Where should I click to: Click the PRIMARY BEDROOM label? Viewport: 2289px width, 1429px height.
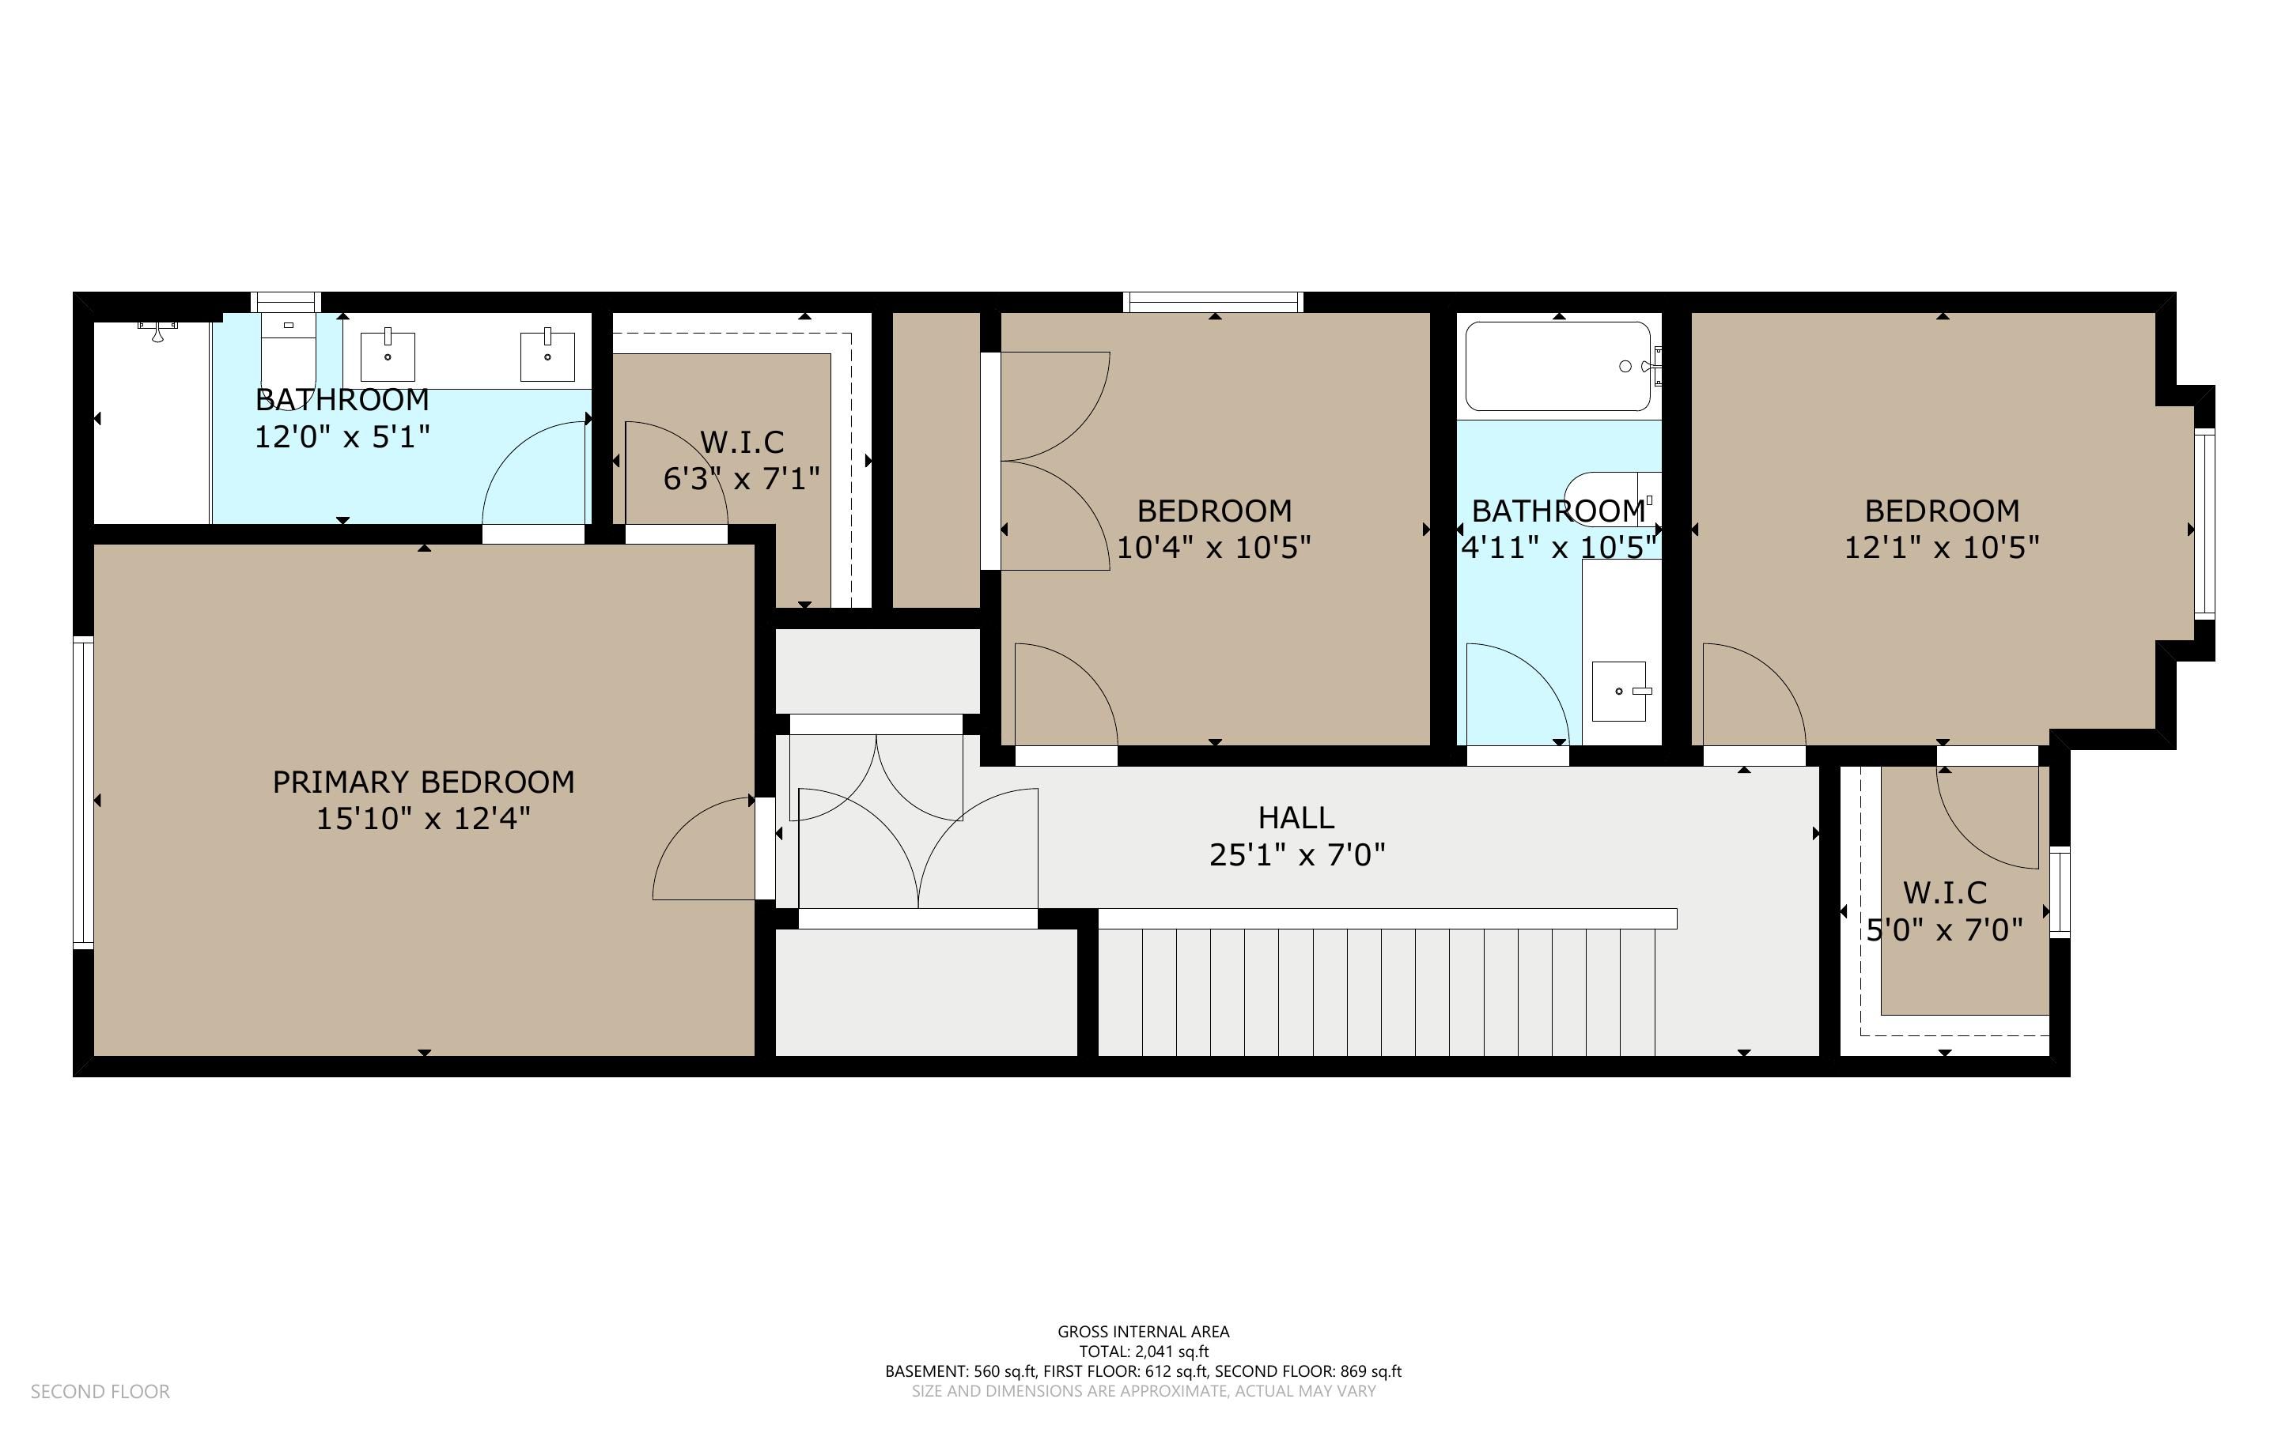(x=424, y=782)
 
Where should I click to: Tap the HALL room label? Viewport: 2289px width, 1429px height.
(x=1296, y=817)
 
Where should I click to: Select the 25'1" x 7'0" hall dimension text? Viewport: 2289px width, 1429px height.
(x=1297, y=854)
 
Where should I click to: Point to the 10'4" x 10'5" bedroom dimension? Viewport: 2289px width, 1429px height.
(x=1214, y=547)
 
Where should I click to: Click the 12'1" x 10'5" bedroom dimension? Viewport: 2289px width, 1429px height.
(x=1942, y=547)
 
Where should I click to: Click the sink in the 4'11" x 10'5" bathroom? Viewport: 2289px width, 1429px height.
(x=1620, y=691)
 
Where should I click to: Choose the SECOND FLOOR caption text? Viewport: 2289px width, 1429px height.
(x=100, y=1391)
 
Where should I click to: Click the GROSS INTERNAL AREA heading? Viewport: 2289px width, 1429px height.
(x=1143, y=1332)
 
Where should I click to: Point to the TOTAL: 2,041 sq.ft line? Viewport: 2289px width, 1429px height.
(x=1143, y=1352)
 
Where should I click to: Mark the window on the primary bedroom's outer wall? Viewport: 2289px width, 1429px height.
(x=83, y=793)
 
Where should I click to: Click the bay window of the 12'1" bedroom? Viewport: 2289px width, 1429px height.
(x=2204, y=522)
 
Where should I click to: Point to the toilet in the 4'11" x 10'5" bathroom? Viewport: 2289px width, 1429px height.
(x=1612, y=492)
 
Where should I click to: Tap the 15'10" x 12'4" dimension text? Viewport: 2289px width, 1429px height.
(x=424, y=819)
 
